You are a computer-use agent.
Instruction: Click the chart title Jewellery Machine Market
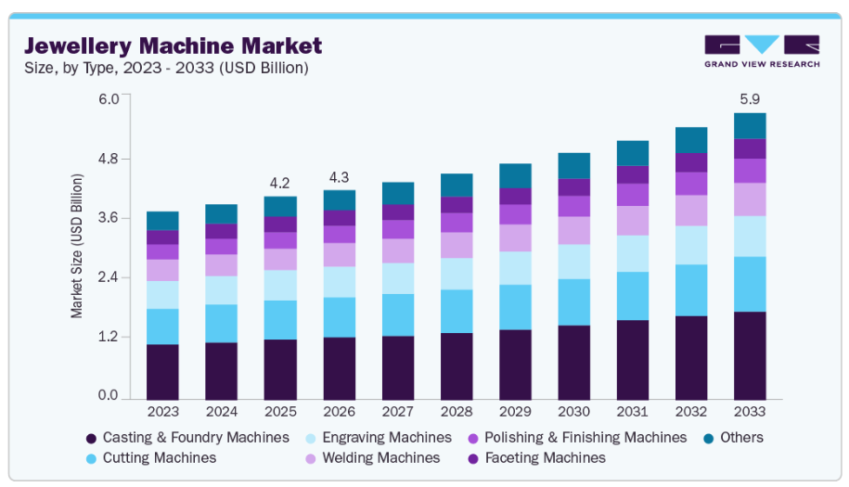coord(173,45)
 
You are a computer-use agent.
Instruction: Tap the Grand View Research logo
coord(762,51)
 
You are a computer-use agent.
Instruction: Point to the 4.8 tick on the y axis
coord(109,159)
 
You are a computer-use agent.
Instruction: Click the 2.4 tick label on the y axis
coord(109,277)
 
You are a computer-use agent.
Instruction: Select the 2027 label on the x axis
coord(397,411)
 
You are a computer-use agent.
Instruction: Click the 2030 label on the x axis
coord(573,411)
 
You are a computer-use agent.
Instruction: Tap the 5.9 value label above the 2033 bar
coord(749,98)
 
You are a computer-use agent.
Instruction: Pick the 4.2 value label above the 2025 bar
coord(280,182)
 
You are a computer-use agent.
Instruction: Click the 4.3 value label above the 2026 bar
coord(339,176)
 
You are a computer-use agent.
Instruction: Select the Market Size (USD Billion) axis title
coord(77,246)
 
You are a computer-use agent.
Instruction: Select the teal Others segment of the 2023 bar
coord(162,221)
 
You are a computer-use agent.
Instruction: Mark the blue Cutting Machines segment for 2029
coord(515,307)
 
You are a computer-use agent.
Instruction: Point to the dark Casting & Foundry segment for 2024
coord(222,370)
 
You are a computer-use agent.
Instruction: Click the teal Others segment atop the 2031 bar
coord(632,153)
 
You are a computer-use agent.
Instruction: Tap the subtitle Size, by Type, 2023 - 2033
coord(166,68)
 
